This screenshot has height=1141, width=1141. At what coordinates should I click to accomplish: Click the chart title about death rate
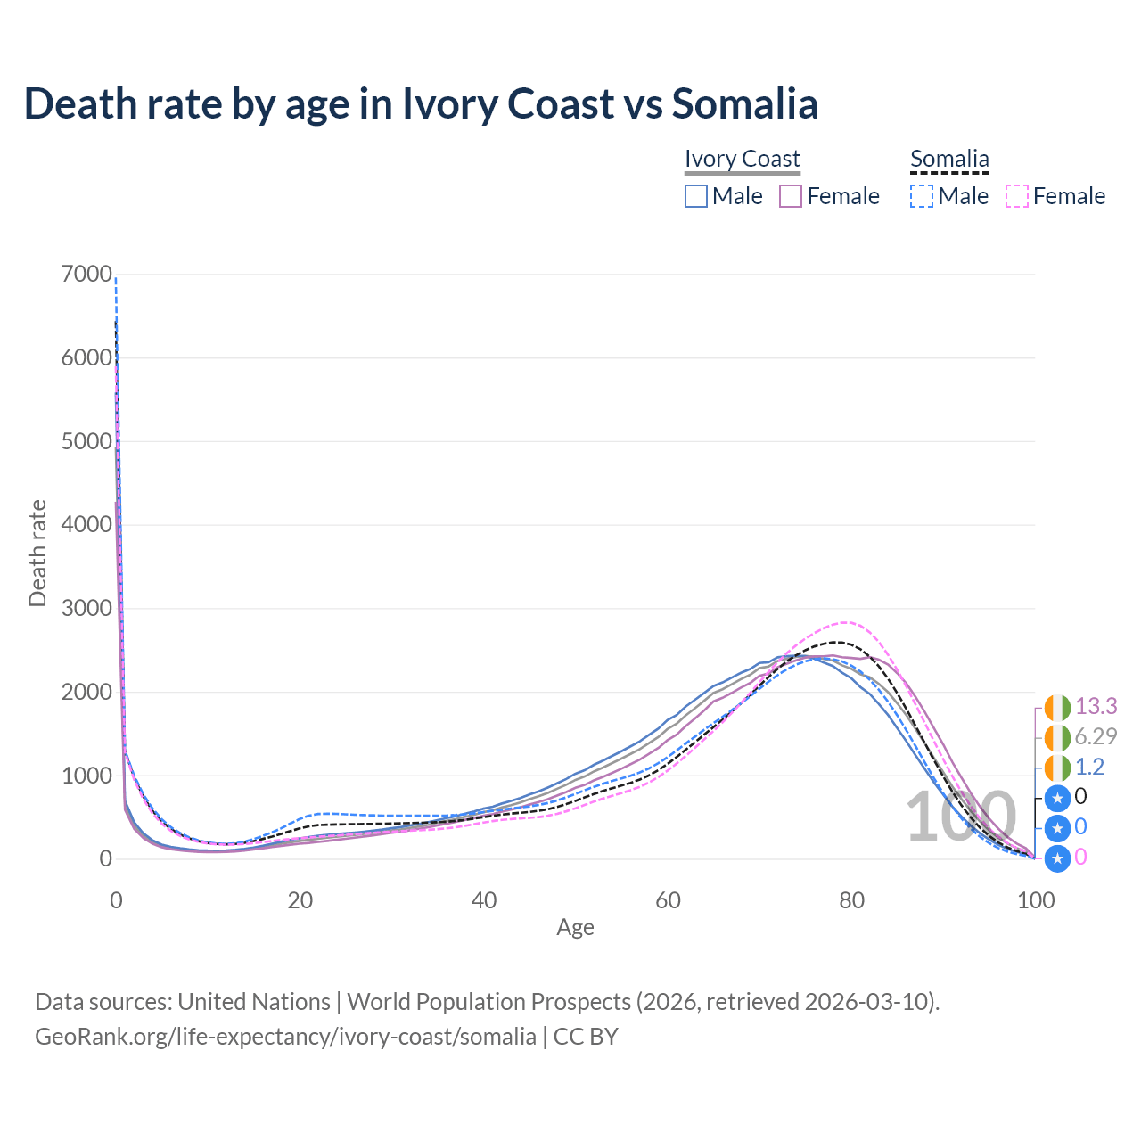pyautogui.click(x=421, y=103)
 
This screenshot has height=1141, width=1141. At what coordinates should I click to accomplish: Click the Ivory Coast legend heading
pyautogui.click(x=742, y=159)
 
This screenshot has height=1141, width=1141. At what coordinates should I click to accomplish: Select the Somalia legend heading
pyautogui.click(x=949, y=159)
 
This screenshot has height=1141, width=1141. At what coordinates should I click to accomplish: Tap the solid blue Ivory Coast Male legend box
pyautogui.click(x=696, y=196)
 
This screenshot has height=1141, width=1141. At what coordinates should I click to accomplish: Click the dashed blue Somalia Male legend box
pyautogui.click(x=922, y=196)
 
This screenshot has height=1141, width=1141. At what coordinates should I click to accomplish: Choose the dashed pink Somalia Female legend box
pyautogui.click(x=1017, y=196)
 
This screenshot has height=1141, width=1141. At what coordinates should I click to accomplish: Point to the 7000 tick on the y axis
pyautogui.click(x=86, y=275)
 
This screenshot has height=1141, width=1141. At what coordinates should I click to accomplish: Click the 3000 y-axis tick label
pyautogui.click(x=86, y=609)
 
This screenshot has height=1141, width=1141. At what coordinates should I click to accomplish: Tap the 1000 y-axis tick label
pyautogui.click(x=86, y=776)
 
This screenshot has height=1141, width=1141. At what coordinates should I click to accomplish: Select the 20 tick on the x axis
pyautogui.click(x=300, y=900)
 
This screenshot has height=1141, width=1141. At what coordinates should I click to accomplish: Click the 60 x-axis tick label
pyautogui.click(x=668, y=900)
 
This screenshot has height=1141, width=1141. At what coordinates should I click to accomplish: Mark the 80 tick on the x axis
pyautogui.click(x=851, y=900)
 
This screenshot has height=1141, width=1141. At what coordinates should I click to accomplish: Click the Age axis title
pyautogui.click(x=575, y=927)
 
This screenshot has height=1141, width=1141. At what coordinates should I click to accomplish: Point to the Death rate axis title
pyautogui.click(x=37, y=553)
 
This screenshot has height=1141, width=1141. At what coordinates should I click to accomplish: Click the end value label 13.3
pyautogui.click(x=1096, y=706)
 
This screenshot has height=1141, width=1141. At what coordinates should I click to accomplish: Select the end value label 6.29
pyautogui.click(x=1096, y=736)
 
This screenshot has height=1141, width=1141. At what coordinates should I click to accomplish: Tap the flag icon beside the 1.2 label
pyautogui.click(x=1057, y=767)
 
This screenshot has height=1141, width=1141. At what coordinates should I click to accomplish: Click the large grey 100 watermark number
pyautogui.click(x=961, y=817)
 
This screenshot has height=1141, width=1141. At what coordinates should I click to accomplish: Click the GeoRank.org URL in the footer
pyautogui.click(x=285, y=1037)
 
